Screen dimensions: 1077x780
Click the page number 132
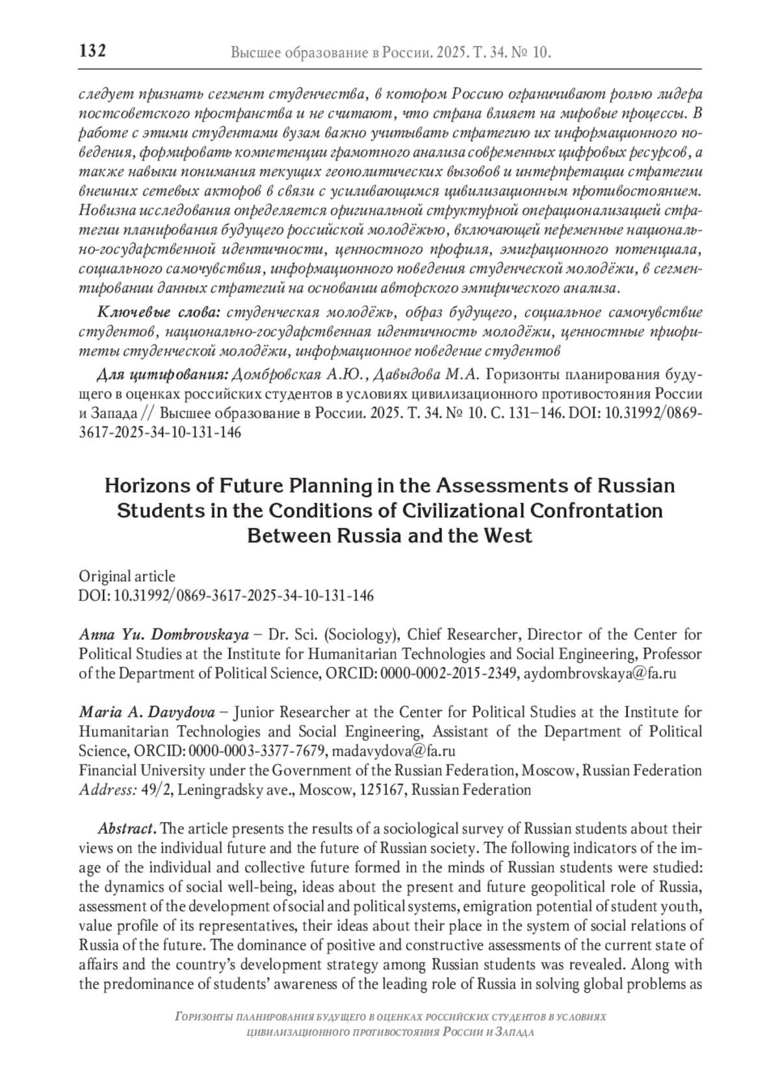(x=92, y=51)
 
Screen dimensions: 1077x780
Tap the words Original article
(x=127, y=576)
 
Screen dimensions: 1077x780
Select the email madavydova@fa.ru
(x=393, y=751)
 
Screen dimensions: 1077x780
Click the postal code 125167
(x=382, y=790)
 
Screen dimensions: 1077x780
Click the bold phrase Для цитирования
(x=162, y=375)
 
